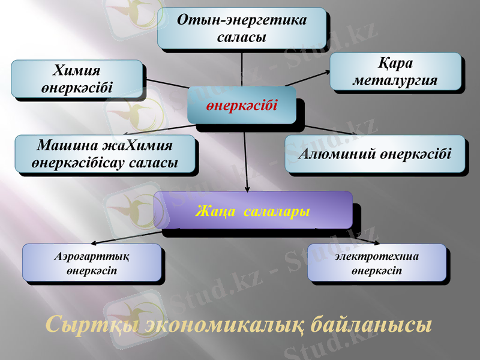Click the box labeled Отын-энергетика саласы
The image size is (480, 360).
(x=241, y=28)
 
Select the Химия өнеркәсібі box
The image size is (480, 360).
(x=77, y=79)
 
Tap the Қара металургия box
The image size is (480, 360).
(x=395, y=71)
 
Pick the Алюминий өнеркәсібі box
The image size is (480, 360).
(x=374, y=154)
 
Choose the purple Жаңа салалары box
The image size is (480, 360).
(x=253, y=211)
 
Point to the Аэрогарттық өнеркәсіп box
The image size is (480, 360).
(x=92, y=263)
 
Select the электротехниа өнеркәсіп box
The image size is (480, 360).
(x=377, y=263)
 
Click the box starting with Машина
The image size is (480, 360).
(x=105, y=154)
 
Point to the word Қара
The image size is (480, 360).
(x=396, y=63)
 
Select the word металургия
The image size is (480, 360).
(x=395, y=80)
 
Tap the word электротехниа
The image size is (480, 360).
(x=377, y=257)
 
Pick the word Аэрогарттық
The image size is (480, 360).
(x=92, y=257)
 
